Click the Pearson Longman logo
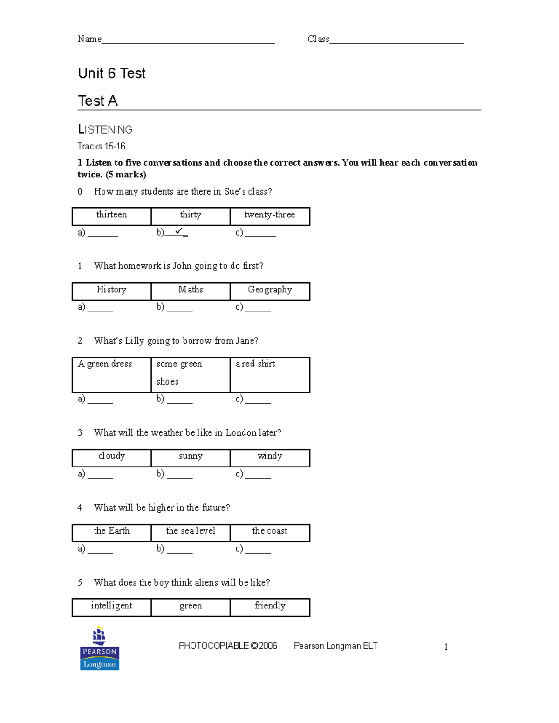coord(99,649)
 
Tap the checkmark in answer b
coord(179,231)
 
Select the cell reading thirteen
coord(112,216)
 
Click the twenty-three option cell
coord(270,216)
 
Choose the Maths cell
coord(191,291)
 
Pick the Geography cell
coord(270,291)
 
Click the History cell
coord(112,291)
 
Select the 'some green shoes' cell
coord(191,374)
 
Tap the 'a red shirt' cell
coord(270,374)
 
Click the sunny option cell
coord(191,457)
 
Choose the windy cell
coord(270,457)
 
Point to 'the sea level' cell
coord(191,532)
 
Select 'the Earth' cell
coord(112,532)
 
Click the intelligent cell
coord(112,607)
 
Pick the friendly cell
coord(270,607)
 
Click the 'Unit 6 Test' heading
coord(112,74)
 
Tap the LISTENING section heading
coord(105,129)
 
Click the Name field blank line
coord(188,41)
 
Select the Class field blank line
coord(396,41)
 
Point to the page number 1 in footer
coord(446,647)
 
